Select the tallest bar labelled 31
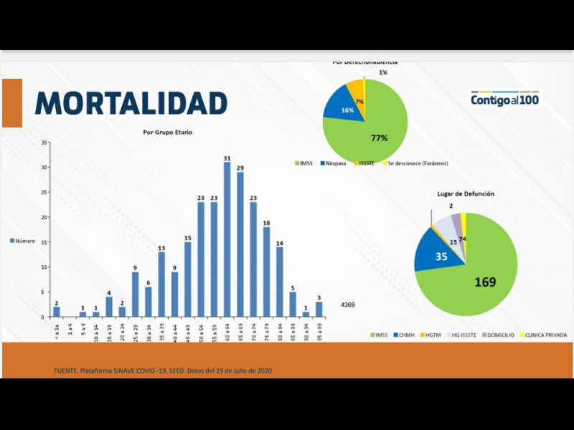pos(227,239)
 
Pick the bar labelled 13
pos(161,284)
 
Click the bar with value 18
pos(266,272)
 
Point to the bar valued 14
pos(279,282)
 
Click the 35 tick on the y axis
pos(44,143)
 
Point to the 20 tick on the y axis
pos(44,217)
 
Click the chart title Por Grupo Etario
pos(167,133)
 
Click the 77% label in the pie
pos(380,138)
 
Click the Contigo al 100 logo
pos(504,100)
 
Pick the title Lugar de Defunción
pos(466,194)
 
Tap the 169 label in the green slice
pos(485,282)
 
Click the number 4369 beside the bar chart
pos(347,305)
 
